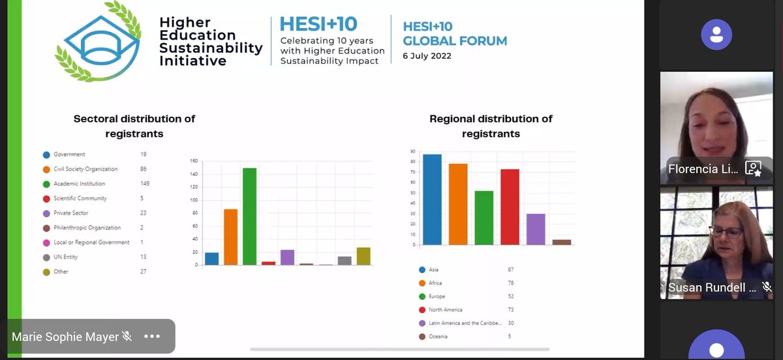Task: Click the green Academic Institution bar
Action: pyautogui.click(x=249, y=217)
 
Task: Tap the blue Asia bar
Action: pyautogui.click(x=432, y=200)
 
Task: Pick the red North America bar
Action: pyautogui.click(x=510, y=207)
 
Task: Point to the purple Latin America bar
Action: pyautogui.click(x=536, y=229)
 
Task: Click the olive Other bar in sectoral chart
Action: pyautogui.click(x=363, y=256)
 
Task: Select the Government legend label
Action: pyautogui.click(x=69, y=155)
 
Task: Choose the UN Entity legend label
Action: pyautogui.click(x=66, y=257)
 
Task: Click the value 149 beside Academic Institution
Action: pyautogui.click(x=145, y=184)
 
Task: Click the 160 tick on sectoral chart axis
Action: pyautogui.click(x=194, y=161)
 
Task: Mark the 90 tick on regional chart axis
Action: pyautogui.click(x=412, y=152)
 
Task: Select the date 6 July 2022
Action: pyautogui.click(x=427, y=56)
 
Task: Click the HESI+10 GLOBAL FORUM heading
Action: pyautogui.click(x=455, y=34)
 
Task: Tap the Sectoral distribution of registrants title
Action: pyautogui.click(x=134, y=126)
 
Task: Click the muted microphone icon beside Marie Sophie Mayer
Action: pyautogui.click(x=127, y=337)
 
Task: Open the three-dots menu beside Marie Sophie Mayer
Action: pyautogui.click(x=152, y=337)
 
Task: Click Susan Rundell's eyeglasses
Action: pyautogui.click(x=725, y=231)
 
